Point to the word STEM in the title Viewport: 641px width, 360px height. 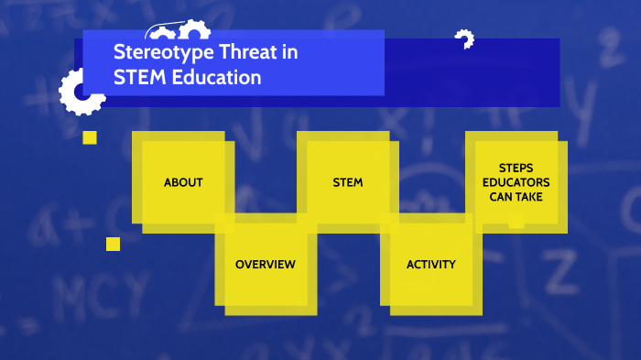tap(136, 78)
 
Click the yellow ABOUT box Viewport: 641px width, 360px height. tap(183, 182)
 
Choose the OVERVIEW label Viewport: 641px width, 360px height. tap(266, 265)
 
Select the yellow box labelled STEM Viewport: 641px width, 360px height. tap(347, 182)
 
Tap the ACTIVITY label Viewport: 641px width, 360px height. tap(430, 265)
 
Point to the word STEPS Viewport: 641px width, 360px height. tap(516, 169)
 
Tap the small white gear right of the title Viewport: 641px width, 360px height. tap(464, 39)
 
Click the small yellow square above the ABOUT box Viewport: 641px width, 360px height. tap(90, 137)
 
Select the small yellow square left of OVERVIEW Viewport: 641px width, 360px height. tap(113, 244)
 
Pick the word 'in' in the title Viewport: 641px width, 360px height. tap(289, 53)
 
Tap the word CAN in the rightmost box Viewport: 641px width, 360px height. tap(500, 196)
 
